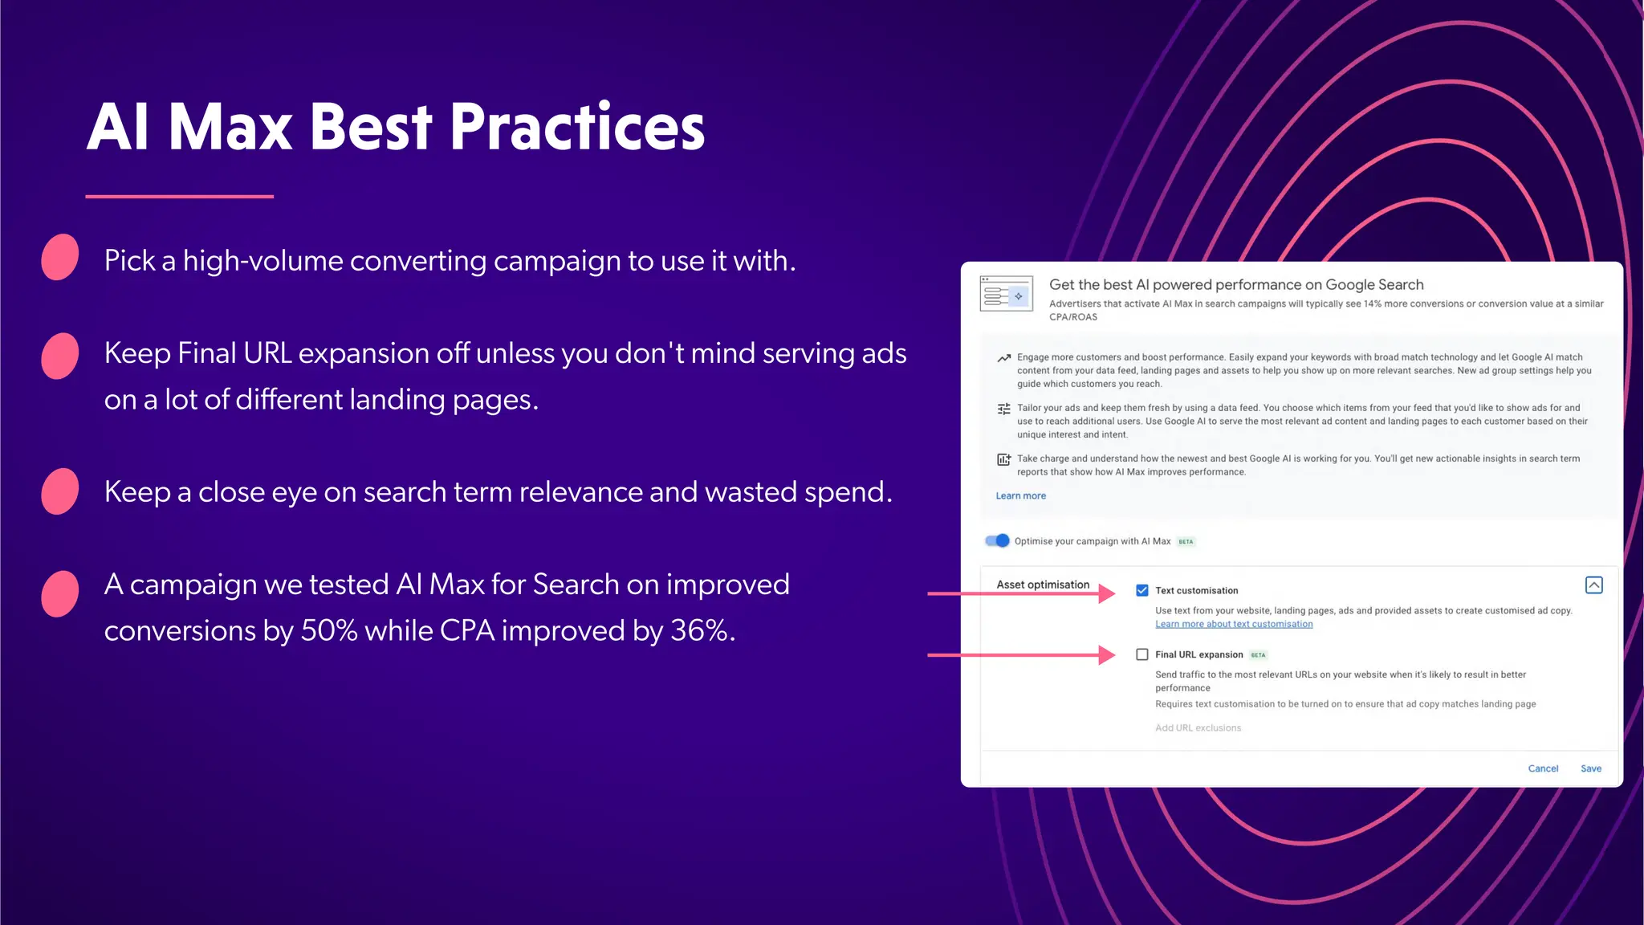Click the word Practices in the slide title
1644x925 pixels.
coord(576,127)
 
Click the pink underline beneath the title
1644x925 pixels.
coord(179,196)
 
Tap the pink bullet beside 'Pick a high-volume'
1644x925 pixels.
coord(60,257)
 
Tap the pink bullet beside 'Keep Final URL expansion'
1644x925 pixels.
coord(60,356)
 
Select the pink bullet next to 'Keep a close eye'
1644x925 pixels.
coord(60,491)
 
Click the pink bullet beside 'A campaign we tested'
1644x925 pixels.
coord(60,593)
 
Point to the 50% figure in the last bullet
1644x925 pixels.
coord(328,631)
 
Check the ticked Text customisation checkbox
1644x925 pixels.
coord(1142,590)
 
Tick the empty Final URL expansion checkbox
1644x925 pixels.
coord(1142,654)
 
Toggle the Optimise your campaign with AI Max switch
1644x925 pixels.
coord(997,540)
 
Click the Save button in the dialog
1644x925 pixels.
coord(1590,768)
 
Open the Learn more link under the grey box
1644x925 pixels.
coord(1020,495)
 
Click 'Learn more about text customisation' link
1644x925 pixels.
coord(1234,624)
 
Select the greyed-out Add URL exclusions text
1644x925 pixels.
coord(1198,727)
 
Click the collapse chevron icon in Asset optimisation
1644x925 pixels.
coord(1594,585)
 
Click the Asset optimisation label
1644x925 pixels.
coord(1043,585)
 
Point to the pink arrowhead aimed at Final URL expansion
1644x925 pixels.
coord(1107,655)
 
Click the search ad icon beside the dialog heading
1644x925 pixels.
coord(1006,294)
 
